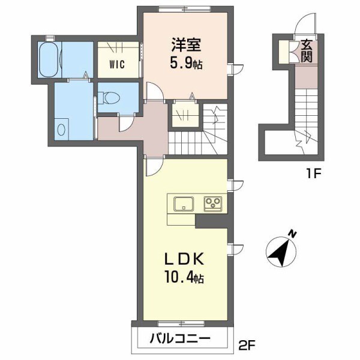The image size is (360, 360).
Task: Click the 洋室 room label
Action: tap(185, 45)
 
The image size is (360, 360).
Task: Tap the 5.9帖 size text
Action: tap(185, 62)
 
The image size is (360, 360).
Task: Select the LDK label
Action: tap(186, 259)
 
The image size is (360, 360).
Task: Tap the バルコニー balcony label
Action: tap(180, 339)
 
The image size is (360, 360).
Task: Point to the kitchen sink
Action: tap(183, 204)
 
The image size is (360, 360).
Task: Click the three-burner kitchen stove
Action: tap(213, 203)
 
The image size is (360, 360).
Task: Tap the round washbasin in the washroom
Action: tap(62, 128)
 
